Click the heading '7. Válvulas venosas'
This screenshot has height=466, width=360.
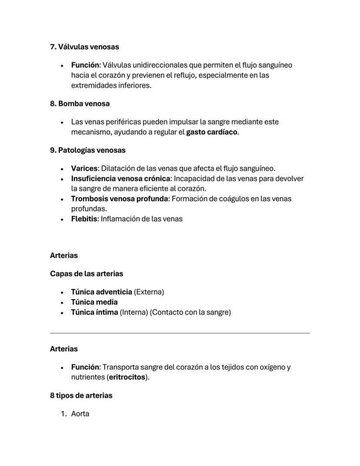(84, 47)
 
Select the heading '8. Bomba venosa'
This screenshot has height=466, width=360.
(80, 104)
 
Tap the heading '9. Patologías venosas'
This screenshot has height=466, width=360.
(87, 150)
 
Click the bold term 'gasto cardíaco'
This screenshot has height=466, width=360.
(212, 132)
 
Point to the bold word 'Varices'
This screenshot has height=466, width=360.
(84, 168)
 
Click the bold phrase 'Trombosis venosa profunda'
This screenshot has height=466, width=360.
(120, 198)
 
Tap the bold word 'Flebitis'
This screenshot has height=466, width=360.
(85, 219)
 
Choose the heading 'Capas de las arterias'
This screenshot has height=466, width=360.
(87, 274)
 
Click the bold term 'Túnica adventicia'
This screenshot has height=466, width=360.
(101, 292)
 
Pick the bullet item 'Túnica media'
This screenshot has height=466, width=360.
(94, 302)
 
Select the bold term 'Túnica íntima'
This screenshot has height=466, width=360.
(94, 312)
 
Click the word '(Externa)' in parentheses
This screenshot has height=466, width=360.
(149, 292)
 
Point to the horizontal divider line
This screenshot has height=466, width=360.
(180, 333)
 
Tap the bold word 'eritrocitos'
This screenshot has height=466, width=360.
(127, 377)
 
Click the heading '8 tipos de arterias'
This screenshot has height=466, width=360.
(81, 396)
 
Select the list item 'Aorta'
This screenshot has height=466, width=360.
(80, 414)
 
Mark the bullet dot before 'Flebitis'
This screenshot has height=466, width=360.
(63, 219)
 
